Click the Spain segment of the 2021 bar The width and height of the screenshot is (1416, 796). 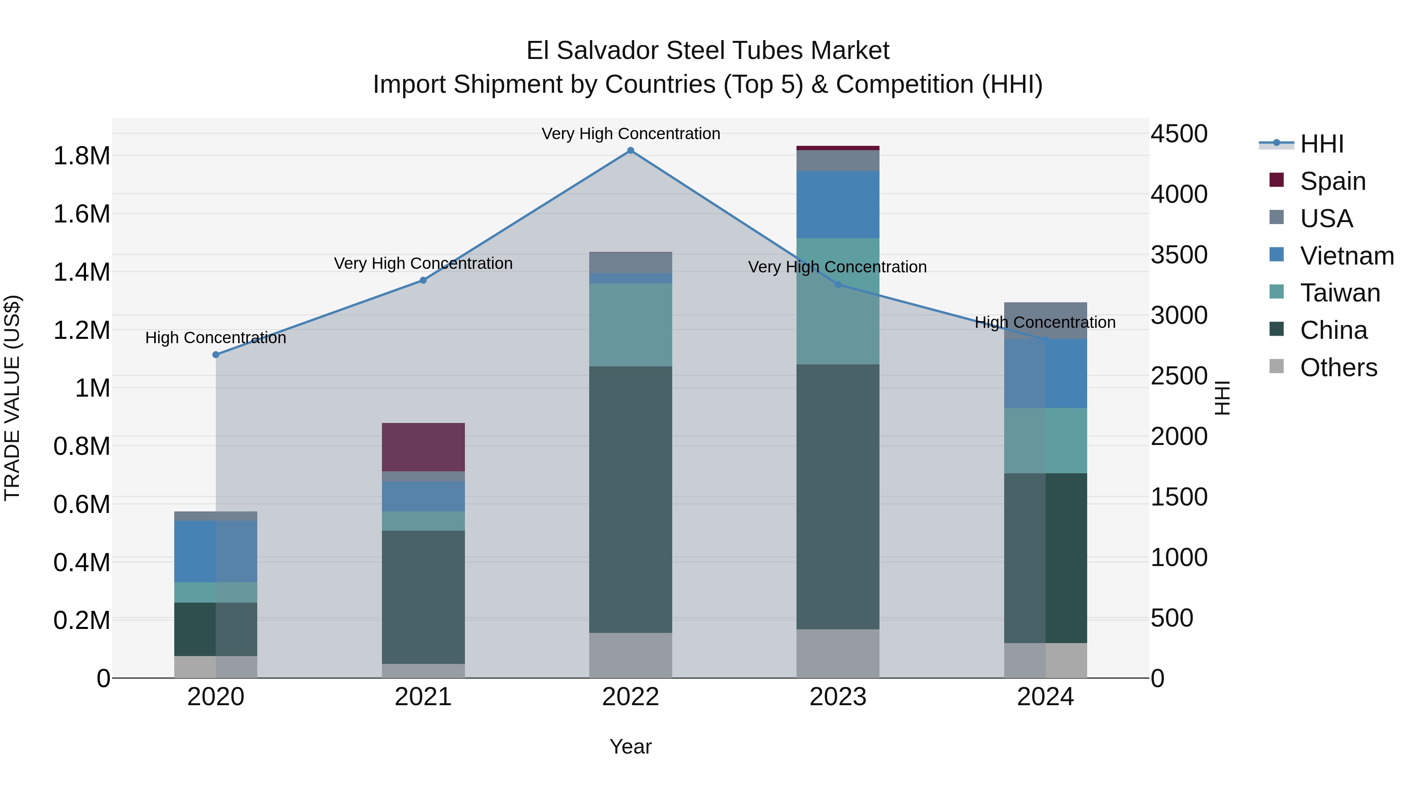pos(423,447)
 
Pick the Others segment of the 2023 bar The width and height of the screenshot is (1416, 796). pos(838,653)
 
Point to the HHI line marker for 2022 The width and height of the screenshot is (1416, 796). pos(631,151)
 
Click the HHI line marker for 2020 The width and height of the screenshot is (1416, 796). pos(216,355)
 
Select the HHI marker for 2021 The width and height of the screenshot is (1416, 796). pos(423,280)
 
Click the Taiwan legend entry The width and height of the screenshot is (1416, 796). pos(1340,293)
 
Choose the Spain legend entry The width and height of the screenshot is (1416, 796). pos(1333,181)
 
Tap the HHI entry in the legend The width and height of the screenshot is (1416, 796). pos(1322,144)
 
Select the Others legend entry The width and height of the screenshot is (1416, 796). pos(1338,368)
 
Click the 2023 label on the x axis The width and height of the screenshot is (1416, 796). pos(838,697)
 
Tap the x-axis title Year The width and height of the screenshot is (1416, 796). pos(631,746)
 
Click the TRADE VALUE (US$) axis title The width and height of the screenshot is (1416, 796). pos(12,398)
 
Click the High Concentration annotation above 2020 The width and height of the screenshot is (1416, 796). pos(216,337)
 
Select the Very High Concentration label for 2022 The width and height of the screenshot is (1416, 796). pos(631,134)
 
